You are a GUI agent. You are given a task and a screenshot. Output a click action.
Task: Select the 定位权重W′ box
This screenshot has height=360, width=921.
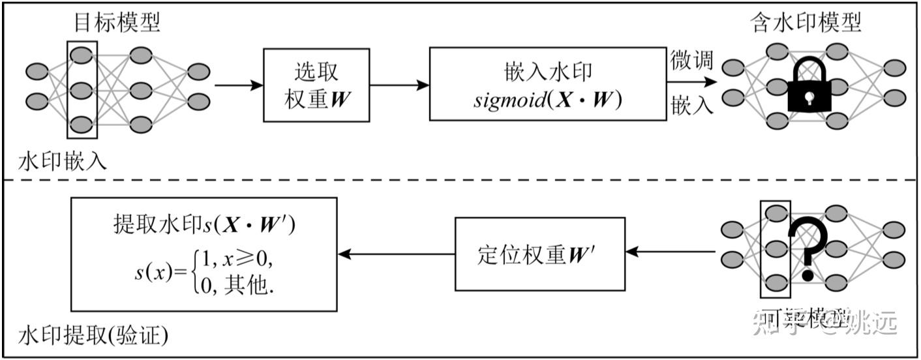[x=539, y=254]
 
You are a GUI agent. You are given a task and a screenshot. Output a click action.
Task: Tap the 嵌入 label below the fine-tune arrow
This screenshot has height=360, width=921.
[x=691, y=106]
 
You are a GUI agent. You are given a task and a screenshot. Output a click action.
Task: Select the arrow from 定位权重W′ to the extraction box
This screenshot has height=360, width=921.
[x=395, y=254]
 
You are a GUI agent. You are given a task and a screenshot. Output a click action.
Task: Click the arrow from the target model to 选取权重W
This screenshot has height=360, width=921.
[x=238, y=85]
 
